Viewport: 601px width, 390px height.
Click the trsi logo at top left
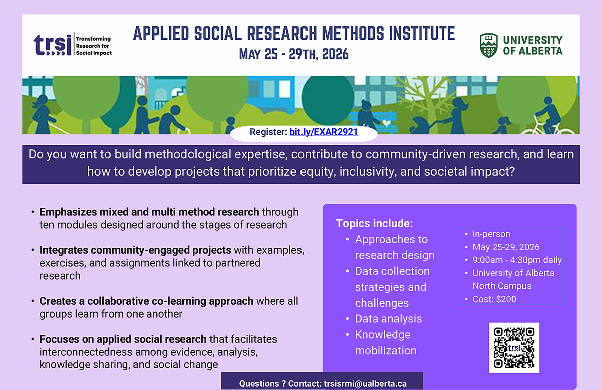click(x=73, y=45)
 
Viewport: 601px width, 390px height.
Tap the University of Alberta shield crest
click(x=489, y=46)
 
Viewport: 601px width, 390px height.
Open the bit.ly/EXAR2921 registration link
click(x=324, y=132)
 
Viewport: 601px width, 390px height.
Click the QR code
click(x=514, y=347)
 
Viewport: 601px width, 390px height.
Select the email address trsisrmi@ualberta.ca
click(x=365, y=384)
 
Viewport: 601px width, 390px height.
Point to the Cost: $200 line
click(x=494, y=299)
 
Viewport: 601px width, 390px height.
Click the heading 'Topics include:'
click(x=374, y=223)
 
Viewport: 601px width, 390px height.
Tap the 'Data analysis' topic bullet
click(x=388, y=319)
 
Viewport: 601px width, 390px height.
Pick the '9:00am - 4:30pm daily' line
click(x=517, y=260)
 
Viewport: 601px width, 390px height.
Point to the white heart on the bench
click(x=386, y=123)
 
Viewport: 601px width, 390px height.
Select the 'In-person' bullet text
click(x=491, y=234)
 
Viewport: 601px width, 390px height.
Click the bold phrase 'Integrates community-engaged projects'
click(x=135, y=250)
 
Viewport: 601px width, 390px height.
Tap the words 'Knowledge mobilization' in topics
click(x=386, y=343)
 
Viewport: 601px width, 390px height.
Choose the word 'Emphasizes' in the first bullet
click(x=68, y=212)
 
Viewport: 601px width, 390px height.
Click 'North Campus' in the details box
click(x=502, y=286)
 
